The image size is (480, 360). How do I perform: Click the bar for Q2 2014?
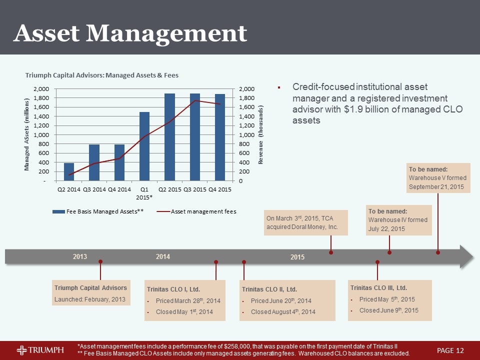pos(69,171)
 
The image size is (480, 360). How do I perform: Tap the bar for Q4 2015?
pos(220,137)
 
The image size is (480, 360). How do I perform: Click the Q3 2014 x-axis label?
pos(94,189)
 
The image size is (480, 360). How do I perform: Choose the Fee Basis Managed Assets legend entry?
pos(100,211)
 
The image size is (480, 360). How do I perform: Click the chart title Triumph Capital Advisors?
pos(102,75)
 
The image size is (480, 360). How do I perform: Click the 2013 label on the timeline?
pos(80,257)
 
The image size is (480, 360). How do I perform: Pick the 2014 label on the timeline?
pos(163,256)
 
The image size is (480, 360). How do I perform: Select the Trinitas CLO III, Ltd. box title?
pos(378,287)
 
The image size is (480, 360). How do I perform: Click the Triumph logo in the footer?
pos(40,349)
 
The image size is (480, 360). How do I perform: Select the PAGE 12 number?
pos(450,349)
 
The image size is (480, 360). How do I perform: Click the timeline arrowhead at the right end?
pos(466,256)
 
